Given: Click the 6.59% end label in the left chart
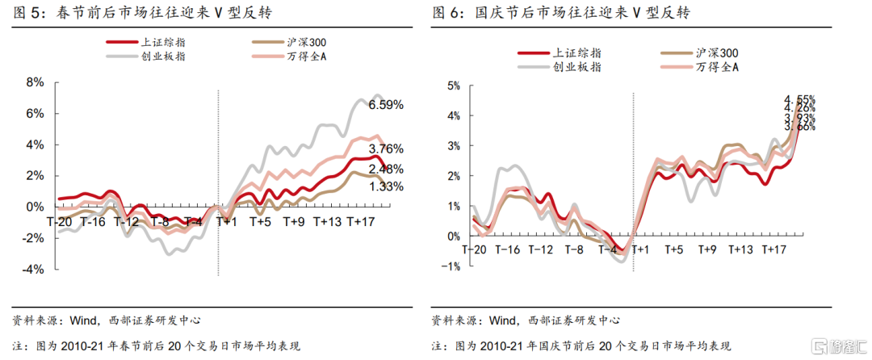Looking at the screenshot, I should [x=386, y=105].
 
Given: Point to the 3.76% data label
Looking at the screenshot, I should [x=386, y=149].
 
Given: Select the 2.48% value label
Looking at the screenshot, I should [x=386, y=168].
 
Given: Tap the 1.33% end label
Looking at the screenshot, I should [x=386, y=186].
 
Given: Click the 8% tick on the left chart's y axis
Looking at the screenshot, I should [x=35, y=82].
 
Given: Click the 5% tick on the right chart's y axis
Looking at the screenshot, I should [x=453, y=85].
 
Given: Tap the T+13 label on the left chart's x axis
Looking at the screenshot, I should [x=328, y=221].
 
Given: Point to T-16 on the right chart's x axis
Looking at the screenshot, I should [x=507, y=250].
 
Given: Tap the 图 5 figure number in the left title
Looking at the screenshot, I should [x=25, y=13].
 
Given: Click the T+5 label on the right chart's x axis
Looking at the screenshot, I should [x=674, y=250].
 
